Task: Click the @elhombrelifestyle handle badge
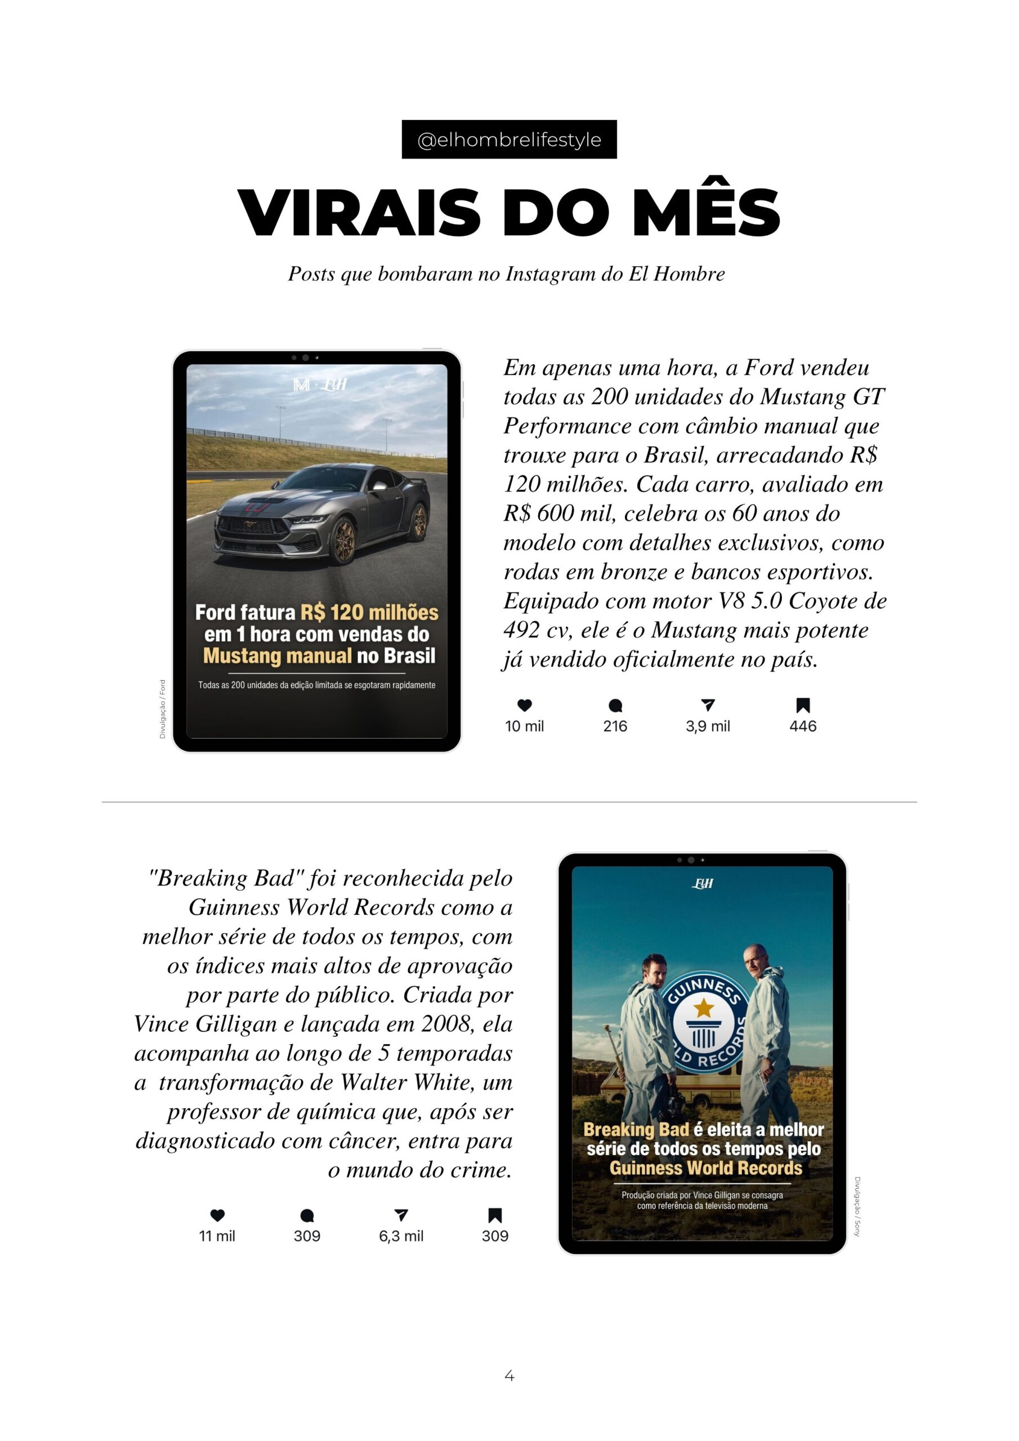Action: pos(508,140)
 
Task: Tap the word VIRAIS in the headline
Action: pos(359,213)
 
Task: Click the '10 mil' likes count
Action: pos(524,726)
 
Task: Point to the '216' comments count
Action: pos(615,726)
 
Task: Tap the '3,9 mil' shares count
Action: pos(708,726)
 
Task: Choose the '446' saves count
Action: pos(802,726)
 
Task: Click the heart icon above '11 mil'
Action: pos(217,1216)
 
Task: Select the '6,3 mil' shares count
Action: pos(401,1236)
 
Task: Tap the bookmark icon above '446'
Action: pos(802,705)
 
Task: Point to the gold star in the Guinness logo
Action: pos(704,1008)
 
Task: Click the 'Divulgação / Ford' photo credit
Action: pos(163,709)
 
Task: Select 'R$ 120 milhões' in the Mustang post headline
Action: pos(369,612)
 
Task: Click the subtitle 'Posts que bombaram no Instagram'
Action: pos(506,274)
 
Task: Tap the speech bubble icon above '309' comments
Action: pos(307,1216)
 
